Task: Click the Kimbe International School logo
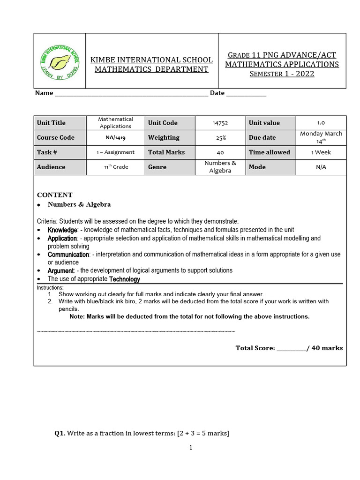tap(59, 61)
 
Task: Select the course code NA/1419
tap(116, 138)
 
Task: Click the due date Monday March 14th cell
tap(321, 137)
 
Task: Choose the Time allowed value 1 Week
tap(321, 152)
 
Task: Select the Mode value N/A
tap(321, 167)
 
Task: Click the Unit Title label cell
tap(52, 123)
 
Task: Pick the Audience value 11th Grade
tap(116, 167)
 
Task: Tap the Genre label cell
tap(157, 167)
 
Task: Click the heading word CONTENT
tap(55, 195)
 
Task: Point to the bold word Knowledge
tap(62, 230)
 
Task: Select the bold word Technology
tap(125, 279)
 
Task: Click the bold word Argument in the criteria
tap(60, 270)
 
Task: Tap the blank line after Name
tap(131, 94)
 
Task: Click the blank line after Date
tap(246, 94)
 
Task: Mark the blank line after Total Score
tap(291, 349)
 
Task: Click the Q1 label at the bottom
tap(60, 434)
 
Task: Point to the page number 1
tap(191, 448)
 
